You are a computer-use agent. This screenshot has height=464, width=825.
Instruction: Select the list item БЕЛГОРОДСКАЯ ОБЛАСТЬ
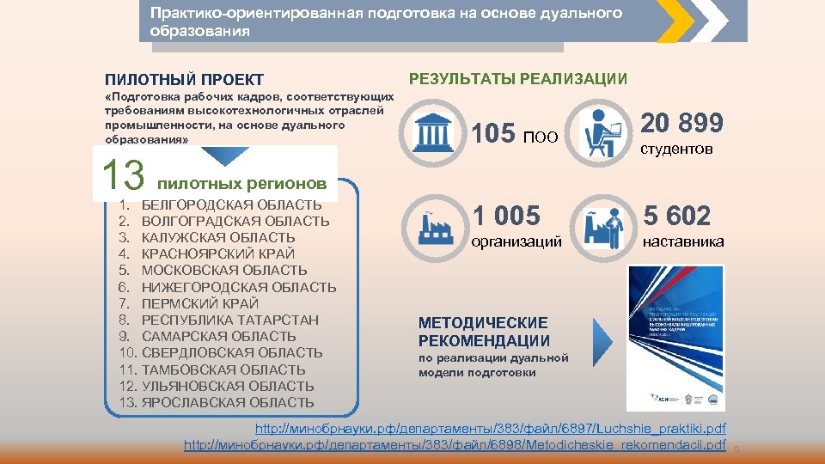point(231,205)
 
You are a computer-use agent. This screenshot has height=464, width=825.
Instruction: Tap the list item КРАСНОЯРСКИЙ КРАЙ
point(217,254)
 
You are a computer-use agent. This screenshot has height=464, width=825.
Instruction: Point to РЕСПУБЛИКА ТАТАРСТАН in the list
point(229,320)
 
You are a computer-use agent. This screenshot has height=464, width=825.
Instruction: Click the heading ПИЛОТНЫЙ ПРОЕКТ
point(184,81)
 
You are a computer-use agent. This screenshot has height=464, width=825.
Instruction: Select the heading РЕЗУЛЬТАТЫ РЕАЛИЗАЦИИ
point(518,79)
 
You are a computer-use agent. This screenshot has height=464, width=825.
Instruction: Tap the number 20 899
point(683,124)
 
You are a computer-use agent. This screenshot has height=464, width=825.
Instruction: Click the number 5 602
point(676,216)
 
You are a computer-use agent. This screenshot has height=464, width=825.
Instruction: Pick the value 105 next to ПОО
point(493,134)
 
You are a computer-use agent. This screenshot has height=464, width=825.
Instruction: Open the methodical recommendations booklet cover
point(675,337)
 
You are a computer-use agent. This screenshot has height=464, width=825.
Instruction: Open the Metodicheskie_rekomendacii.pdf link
point(456,445)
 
